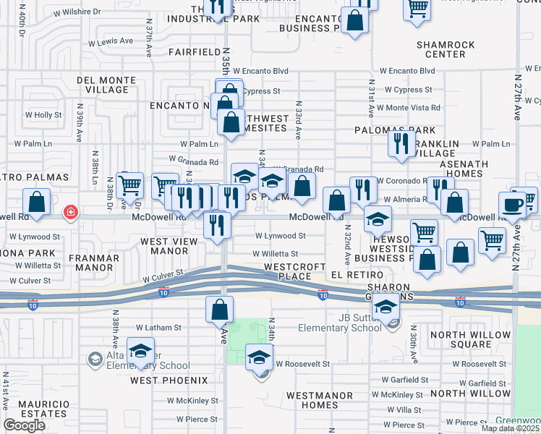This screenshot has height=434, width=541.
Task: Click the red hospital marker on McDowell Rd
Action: pyautogui.click(x=70, y=213)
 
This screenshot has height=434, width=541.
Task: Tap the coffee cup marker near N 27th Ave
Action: pyautogui.click(x=512, y=204)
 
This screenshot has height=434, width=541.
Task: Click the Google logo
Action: pyautogui.click(x=24, y=425)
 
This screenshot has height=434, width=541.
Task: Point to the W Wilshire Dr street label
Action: pyautogui.click(x=76, y=12)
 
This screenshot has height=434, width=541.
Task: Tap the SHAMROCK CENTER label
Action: pyautogui.click(x=446, y=49)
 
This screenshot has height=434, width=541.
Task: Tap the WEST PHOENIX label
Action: pyautogui.click(x=169, y=380)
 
